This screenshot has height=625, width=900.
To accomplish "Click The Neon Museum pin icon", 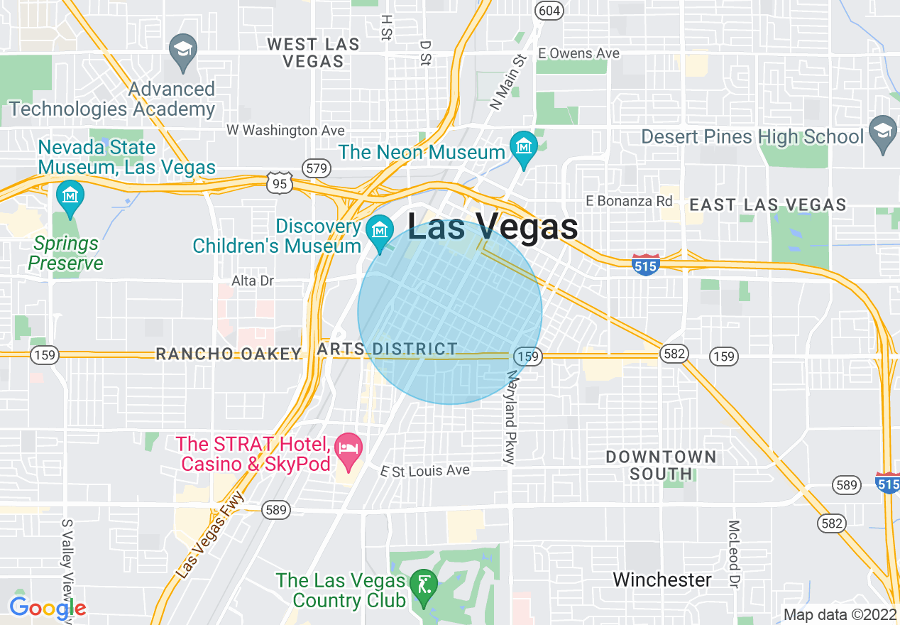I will (524, 147).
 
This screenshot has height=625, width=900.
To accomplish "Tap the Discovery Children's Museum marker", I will (380, 231).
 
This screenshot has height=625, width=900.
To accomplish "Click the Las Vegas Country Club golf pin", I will (424, 587).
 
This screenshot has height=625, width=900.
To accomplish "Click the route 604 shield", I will (549, 10).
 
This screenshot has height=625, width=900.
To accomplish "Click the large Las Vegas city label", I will (493, 228).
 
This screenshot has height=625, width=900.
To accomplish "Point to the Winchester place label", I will (662, 580).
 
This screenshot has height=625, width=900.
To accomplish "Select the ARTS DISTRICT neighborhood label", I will (388, 349).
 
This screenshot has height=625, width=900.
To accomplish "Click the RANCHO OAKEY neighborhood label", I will (229, 354).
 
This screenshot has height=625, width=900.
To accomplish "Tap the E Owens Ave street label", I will (578, 53).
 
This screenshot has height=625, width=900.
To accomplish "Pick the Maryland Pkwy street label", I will (510, 417).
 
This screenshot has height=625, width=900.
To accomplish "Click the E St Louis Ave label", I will (425, 470).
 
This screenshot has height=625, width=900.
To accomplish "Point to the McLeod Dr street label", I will (734, 554).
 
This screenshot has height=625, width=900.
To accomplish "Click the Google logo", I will (47, 608).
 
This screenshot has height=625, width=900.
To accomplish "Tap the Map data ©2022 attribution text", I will (840, 614).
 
